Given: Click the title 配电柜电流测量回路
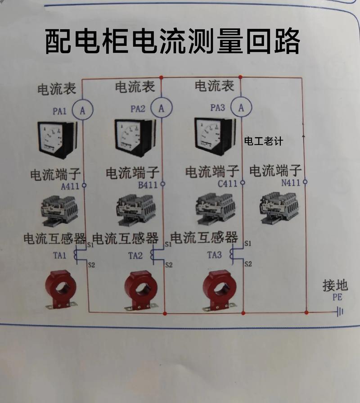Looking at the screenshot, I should pos(172,41).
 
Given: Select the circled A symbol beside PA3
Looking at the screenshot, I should pos(241,107).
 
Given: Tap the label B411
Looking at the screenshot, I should pos(148,185).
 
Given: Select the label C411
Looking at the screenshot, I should pos(227,184).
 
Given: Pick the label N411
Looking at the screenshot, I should pos(291,183).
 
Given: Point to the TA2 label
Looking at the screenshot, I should pos(135,256).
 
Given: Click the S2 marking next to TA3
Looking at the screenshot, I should pos(247,264).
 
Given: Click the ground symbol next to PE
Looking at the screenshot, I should pos(340,311).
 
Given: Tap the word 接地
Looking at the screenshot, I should pos(335,285).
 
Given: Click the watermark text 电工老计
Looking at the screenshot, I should pos(263,141).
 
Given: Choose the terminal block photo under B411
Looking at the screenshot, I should pos(136,208).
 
